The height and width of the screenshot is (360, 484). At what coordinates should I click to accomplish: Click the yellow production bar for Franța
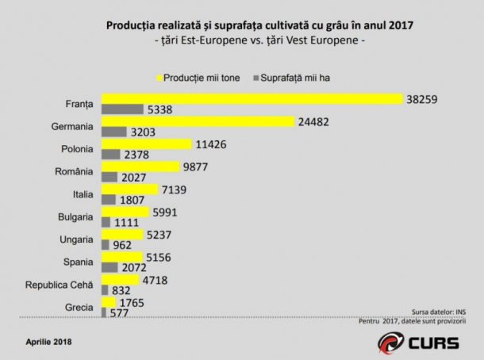(252, 99)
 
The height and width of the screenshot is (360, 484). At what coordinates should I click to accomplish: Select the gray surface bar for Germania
(114, 132)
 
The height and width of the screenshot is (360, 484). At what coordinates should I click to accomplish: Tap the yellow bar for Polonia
(147, 144)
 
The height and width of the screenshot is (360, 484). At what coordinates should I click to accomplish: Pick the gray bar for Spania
(109, 267)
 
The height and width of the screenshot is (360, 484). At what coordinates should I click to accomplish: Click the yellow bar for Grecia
(109, 302)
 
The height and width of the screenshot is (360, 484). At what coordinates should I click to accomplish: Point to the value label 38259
(421, 99)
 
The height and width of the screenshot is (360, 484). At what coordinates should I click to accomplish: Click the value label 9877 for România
(195, 167)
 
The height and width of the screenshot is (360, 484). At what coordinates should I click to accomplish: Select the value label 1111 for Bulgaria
(127, 222)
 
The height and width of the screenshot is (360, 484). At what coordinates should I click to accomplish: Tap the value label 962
(122, 245)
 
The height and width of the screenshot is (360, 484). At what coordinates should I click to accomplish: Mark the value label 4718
(155, 280)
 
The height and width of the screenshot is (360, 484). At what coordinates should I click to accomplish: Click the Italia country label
(83, 194)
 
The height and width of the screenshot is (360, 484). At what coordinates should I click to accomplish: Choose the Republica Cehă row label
(59, 285)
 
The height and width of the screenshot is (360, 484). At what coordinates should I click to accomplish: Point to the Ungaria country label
(76, 239)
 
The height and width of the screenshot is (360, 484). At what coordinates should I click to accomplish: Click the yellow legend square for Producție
(159, 78)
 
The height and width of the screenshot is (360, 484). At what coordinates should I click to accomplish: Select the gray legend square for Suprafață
(256, 78)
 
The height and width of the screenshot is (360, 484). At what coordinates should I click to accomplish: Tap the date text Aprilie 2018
(48, 342)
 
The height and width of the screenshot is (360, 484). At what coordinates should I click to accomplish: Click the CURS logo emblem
(391, 343)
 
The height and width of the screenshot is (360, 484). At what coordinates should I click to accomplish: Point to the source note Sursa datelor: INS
(439, 312)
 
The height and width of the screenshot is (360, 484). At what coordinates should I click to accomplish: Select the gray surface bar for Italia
(109, 200)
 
